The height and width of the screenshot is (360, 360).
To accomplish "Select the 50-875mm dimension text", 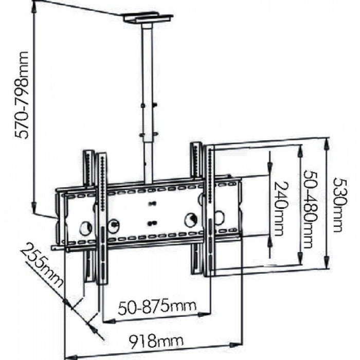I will tap(157, 307).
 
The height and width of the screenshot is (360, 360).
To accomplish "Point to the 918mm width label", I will tap(149, 340).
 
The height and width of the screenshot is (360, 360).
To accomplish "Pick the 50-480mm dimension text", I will tap(309, 209).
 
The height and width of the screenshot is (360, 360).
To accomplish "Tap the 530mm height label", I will tap(338, 205).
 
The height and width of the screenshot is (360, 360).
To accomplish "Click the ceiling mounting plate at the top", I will tap(148, 19).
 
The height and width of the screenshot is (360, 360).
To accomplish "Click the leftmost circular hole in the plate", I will tap(85, 227).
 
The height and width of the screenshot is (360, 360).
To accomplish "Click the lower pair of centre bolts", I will tap(151, 223).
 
